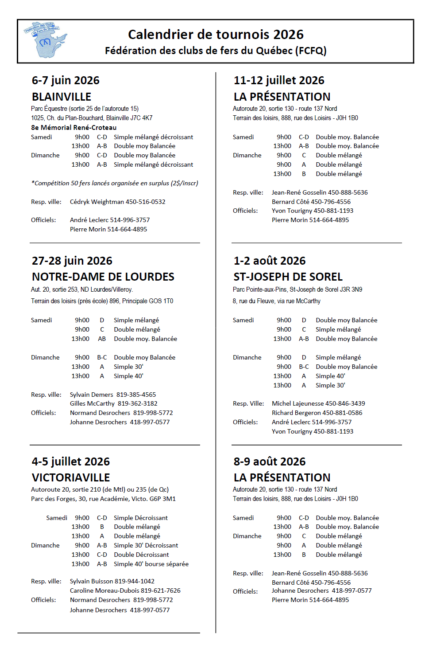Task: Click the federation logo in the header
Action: (45, 40)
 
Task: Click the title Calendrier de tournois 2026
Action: (216, 35)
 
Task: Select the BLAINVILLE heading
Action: (62, 97)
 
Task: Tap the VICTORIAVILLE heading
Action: (71, 477)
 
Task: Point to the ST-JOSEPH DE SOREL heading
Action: (288, 277)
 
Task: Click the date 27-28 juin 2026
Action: (72, 261)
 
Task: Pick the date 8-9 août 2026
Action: (270, 461)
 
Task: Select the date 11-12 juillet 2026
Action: (279, 80)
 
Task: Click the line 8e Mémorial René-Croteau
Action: (73, 128)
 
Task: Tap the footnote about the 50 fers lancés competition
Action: (115, 183)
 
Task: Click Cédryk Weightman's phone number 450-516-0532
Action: (146, 202)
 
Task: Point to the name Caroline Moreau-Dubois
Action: (104, 590)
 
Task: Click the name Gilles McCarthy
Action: (92, 403)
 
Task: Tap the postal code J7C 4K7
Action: (142, 118)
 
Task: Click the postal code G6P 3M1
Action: (162, 499)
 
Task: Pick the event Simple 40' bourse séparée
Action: (151, 564)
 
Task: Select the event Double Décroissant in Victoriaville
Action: (141, 555)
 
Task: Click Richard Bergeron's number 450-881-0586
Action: (342, 413)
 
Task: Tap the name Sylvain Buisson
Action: (91, 581)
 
